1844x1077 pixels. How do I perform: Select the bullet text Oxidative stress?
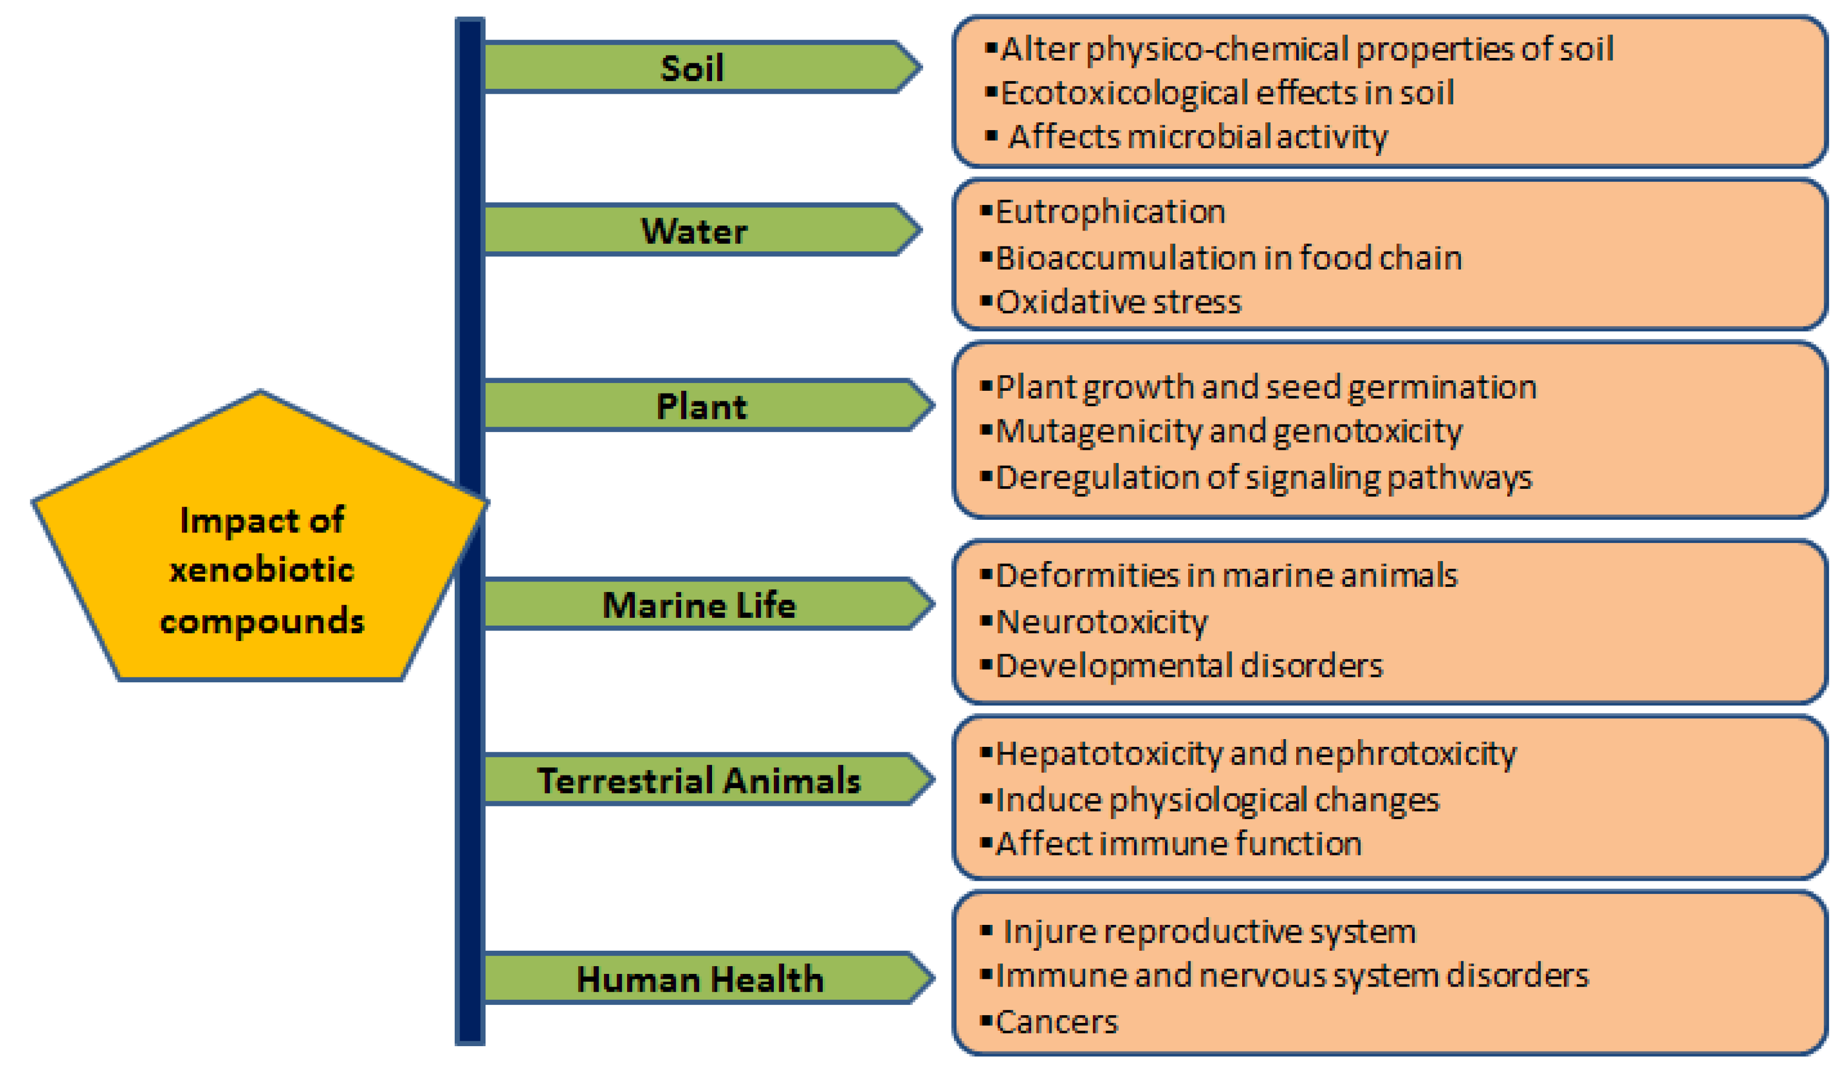(x=1118, y=302)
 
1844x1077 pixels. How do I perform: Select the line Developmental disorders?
(x=1189, y=666)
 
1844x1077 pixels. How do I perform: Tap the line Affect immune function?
(x=1178, y=844)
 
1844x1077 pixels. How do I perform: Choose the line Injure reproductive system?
(x=1209, y=932)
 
